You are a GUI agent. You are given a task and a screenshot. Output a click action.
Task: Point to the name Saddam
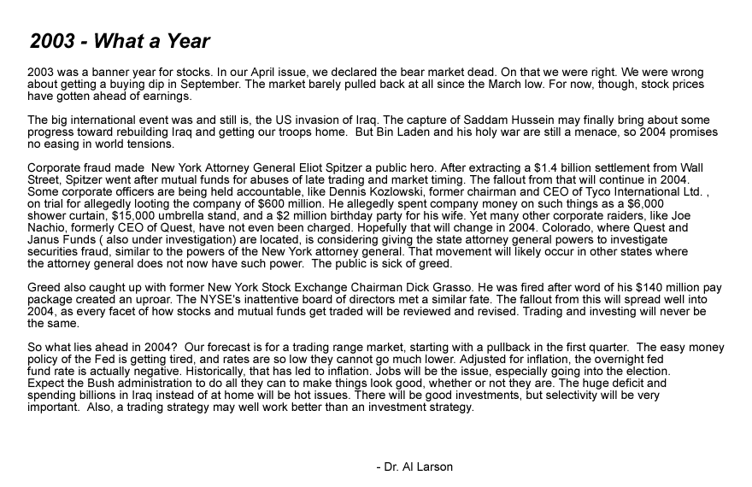tap(449, 120)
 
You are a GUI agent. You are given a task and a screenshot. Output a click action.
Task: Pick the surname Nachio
tap(49, 228)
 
